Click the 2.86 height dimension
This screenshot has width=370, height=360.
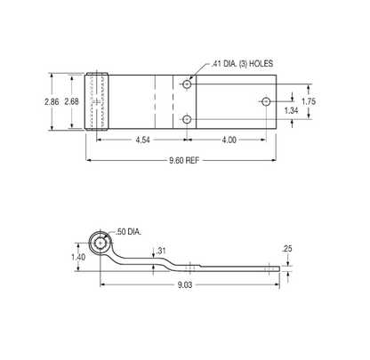[52, 102]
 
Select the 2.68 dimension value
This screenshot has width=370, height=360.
[74, 102]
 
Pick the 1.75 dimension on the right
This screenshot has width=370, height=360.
[308, 101]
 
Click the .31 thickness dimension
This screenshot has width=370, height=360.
[161, 252]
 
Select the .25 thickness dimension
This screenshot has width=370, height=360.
[286, 248]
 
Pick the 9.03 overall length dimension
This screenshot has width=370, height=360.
[185, 284]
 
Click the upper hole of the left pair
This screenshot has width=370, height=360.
[186, 84]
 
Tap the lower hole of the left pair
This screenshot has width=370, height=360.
[186, 119]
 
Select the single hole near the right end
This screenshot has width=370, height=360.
[265, 102]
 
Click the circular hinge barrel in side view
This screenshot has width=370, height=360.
[101, 244]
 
